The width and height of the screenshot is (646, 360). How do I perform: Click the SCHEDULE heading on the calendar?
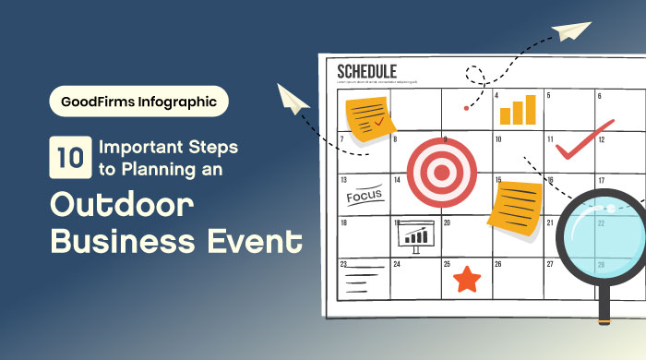pyautogui.click(x=367, y=71)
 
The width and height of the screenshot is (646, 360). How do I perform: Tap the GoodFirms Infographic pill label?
pyautogui.click(x=138, y=102)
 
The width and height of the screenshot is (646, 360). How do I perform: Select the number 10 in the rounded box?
pyautogui.click(x=67, y=157)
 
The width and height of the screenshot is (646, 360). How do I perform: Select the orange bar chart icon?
pyautogui.click(x=517, y=110)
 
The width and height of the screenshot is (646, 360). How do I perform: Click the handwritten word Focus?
pyautogui.click(x=364, y=196)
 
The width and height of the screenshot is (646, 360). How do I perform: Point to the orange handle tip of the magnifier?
pyautogui.click(x=604, y=319)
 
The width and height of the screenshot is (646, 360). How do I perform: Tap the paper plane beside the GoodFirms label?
pyautogui.click(x=294, y=100)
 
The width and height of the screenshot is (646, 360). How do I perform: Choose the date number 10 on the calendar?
pyautogui.click(x=497, y=140)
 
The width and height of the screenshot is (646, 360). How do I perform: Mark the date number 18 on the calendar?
pyautogui.click(x=343, y=222)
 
